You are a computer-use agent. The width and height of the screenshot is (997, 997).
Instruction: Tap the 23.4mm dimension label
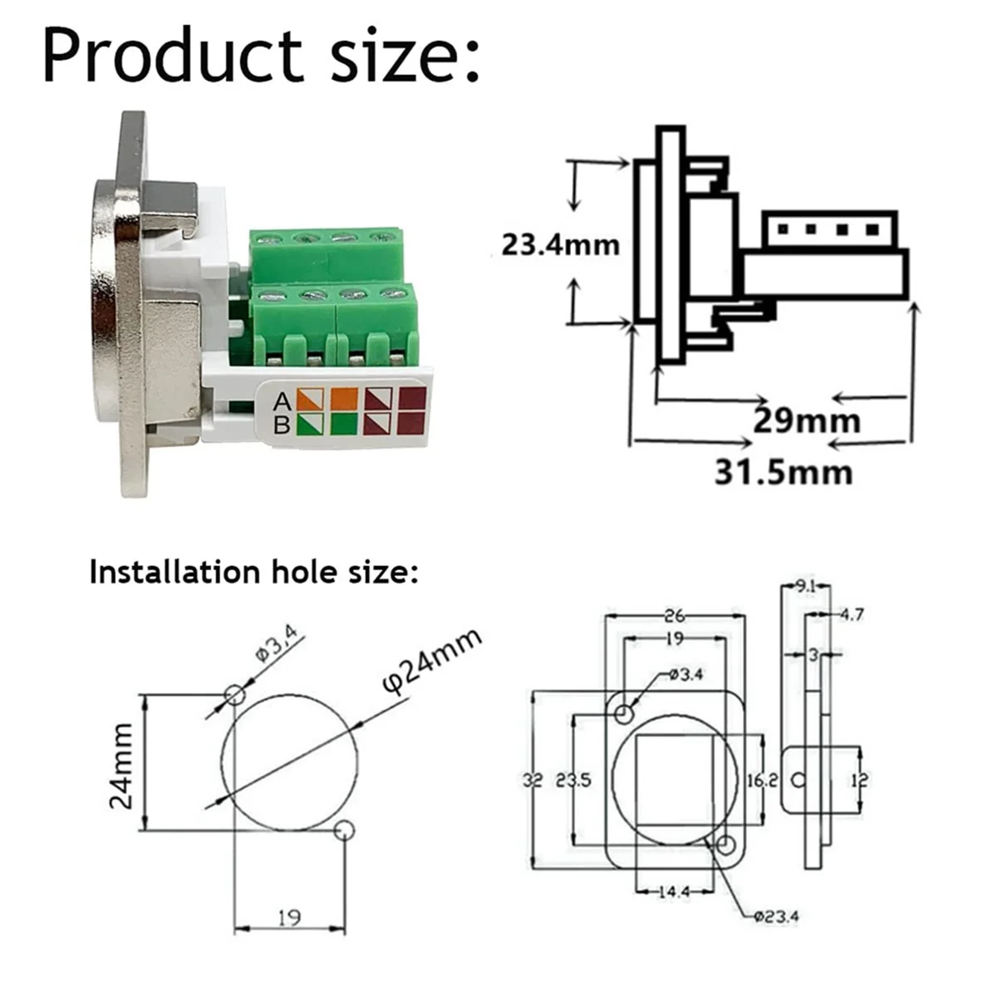(x=560, y=245)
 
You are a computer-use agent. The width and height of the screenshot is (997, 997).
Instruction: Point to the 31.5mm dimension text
(x=783, y=473)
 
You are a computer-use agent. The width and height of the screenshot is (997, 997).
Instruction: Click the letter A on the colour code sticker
(x=282, y=402)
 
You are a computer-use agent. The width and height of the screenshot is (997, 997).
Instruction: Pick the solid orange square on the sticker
(x=344, y=400)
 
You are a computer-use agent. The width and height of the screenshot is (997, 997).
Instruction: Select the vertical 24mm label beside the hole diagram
(x=122, y=764)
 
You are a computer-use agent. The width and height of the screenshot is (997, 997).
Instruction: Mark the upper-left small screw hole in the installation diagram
(x=235, y=694)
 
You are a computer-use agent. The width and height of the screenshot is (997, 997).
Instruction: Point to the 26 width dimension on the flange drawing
(x=674, y=616)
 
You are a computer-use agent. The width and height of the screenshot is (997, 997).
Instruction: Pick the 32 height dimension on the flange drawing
(x=533, y=781)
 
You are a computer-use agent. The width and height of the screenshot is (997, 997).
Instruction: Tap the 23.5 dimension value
(x=574, y=781)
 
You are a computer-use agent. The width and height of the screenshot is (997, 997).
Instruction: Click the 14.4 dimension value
(x=674, y=891)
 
